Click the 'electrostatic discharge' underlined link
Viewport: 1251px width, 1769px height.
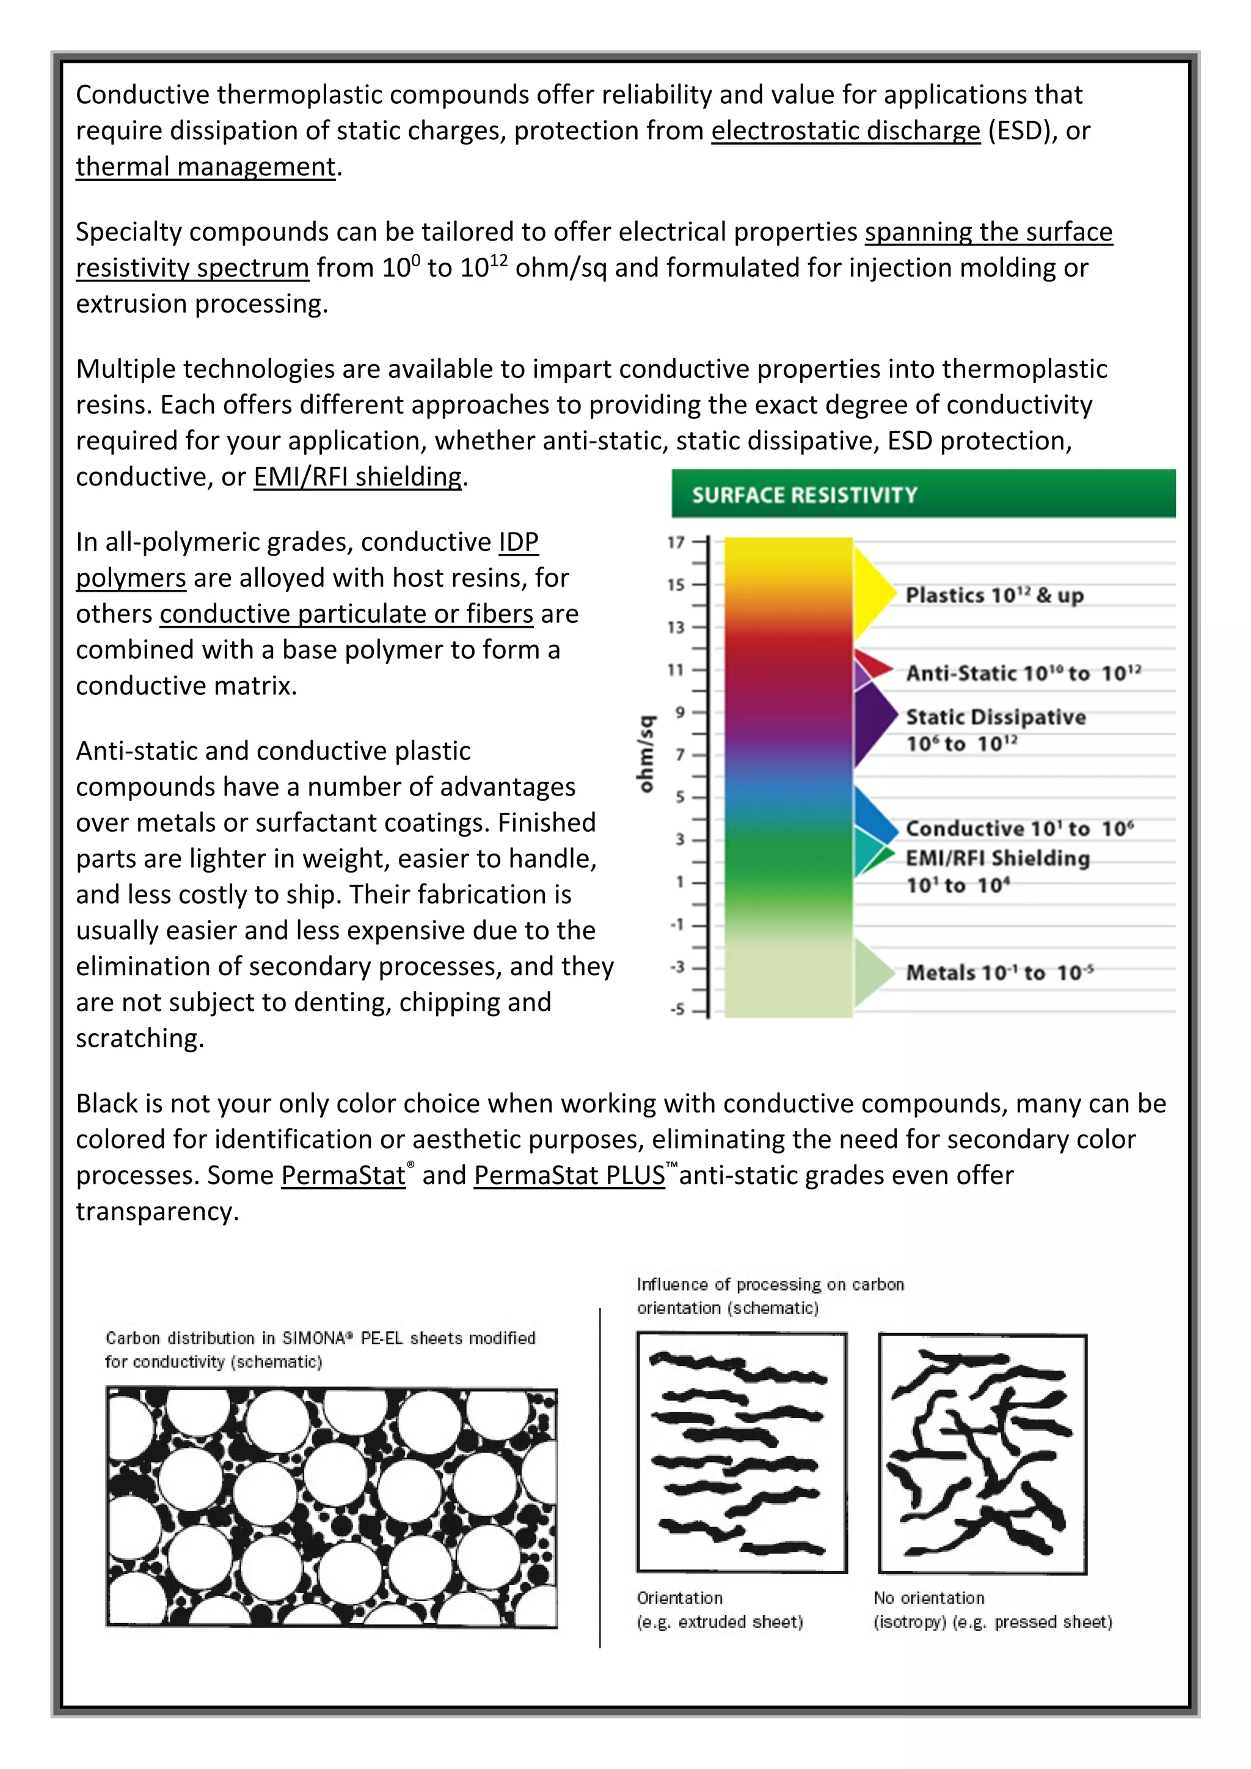pyautogui.click(x=845, y=130)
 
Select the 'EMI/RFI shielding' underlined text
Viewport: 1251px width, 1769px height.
pyautogui.click(x=359, y=476)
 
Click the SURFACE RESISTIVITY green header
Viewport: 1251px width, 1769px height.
pyautogui.click(x=922, y=494)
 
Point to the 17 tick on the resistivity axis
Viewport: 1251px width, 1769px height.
pyautogui.click(x=676, y=542)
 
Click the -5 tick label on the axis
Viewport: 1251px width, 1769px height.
pyautogui.click(x=677, y=1009)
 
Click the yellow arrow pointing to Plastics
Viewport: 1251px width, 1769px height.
pyautogui.click(x=874, y=594)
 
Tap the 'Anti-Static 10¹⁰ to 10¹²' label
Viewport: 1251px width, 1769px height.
pyautogui.click(x=1023, y=674)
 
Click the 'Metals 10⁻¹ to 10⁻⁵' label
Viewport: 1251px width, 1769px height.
pyautogui.click(x=999, y=972)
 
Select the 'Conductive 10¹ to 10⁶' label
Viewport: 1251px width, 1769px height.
pyautogui.click(x=1019, y=828)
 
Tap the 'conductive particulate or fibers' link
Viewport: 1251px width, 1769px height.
pyautogui.click(x=346, y=613)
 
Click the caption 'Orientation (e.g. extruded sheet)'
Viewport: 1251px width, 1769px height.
pyautogui.click(x=718, y=1610)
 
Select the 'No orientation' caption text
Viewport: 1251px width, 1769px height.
pyautogui.click(x=929, y=1598)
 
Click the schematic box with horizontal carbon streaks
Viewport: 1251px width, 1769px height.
pyautogui.click(x=741, y=1452)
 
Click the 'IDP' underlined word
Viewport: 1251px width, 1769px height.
pyautogui.click(x=518, y=542)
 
